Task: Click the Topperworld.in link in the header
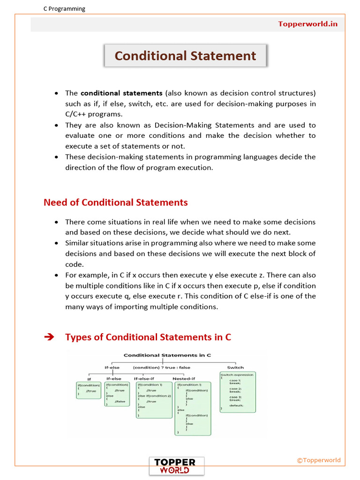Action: [307, 24]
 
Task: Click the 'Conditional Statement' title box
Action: [185, 56]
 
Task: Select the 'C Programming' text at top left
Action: [64, 8]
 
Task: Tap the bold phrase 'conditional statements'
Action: [121, 93]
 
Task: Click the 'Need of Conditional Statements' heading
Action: [115, 202]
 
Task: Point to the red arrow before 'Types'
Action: [49, 337]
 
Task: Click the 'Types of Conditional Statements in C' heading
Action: [148, 337]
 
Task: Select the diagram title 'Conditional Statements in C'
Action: [167, 355]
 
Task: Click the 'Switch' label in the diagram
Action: [235, 367]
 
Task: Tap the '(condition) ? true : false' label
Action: [162, 367]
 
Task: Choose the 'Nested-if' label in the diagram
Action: [184, 378]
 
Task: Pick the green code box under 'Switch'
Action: [238, 392]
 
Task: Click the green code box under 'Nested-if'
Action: [193, 408]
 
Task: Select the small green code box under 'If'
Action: [89, 390]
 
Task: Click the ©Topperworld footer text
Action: [319, 460]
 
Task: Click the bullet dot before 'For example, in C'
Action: [56, 276]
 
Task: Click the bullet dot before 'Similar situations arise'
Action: [56, 243]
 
